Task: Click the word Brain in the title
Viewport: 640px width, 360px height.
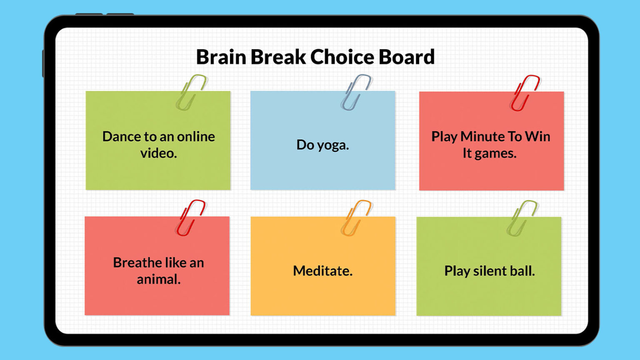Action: click(221, 57)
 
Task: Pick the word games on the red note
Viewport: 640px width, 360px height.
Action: click(495, 154)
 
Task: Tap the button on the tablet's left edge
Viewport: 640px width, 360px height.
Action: click(43, 63)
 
